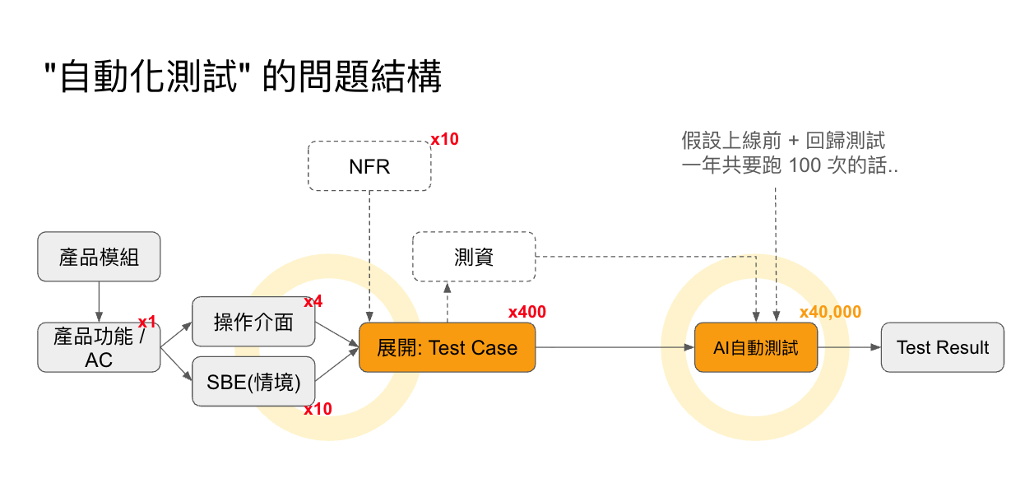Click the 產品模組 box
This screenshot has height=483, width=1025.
coord(99,257)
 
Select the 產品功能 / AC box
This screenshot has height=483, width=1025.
coord(99,347)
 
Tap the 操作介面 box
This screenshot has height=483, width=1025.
coord(253,322)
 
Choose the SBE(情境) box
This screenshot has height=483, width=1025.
coord(253,381)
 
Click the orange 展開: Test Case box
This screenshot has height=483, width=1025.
coord(447,347)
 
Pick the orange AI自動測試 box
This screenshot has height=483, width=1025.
coord(755,347)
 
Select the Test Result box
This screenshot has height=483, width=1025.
coord(942,347)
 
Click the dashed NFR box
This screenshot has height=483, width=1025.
coord(369,166)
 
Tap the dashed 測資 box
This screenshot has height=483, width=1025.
coord(474,257)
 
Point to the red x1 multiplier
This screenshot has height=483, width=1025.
coord(147,322)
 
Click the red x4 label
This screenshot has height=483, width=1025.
coord(313,302)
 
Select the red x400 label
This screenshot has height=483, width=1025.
coord(526,312)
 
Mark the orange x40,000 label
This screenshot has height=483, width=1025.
coord(830,312)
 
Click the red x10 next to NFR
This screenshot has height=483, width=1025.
coord(444,140)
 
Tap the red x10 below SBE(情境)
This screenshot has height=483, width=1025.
coord(318,409)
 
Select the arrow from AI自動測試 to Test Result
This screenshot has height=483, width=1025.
coord(850,347)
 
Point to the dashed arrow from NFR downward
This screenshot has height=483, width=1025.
coord(369,255)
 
